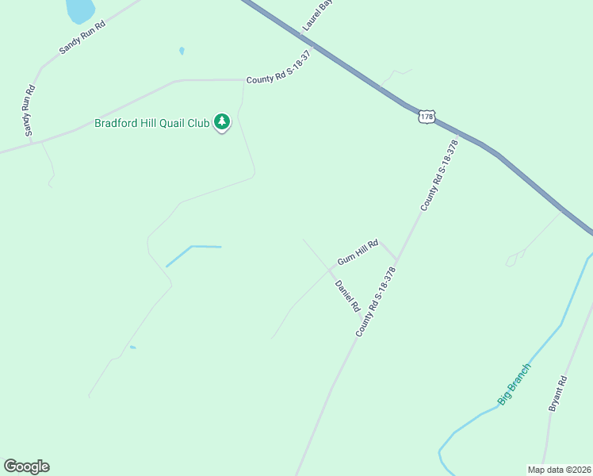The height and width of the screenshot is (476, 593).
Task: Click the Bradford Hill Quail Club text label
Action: coord(151,123)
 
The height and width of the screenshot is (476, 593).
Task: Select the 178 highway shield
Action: coord(427,117)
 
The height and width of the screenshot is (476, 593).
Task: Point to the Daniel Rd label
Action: coord(347,295)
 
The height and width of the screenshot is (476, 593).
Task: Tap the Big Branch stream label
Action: coord(514,384)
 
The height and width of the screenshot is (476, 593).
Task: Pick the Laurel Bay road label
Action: coord(318,15)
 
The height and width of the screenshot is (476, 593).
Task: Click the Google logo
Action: coord(26,466)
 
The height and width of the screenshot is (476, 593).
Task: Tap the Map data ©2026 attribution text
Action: coord(560,470)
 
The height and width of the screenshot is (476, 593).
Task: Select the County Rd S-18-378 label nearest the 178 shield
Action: coord(440,175)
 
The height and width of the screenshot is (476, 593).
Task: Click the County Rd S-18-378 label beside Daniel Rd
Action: coord(375,301)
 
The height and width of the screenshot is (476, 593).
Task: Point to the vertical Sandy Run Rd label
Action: coord(29,110)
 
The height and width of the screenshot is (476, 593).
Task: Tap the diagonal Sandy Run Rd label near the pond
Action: coord(82,37)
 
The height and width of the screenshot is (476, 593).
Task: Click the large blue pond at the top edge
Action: coord(79,10)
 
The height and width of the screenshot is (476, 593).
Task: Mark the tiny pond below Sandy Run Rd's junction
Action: coord(182,51)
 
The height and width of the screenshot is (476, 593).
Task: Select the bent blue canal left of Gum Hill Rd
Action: coord(191,248)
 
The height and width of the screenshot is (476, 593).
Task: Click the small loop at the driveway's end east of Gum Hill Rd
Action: coord(515,257)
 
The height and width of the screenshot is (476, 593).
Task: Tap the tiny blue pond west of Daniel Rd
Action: coord(132,347)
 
